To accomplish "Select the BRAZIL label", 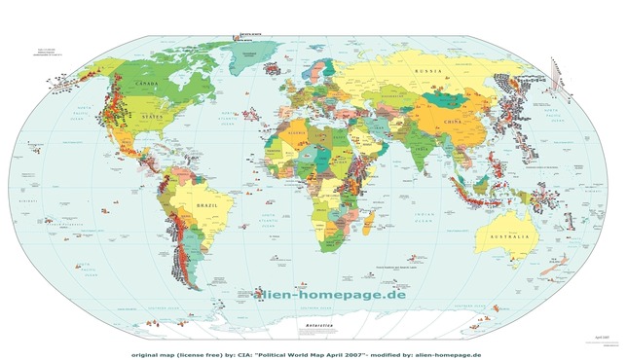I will pos(207,207).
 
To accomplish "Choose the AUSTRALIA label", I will pos(510,238).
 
